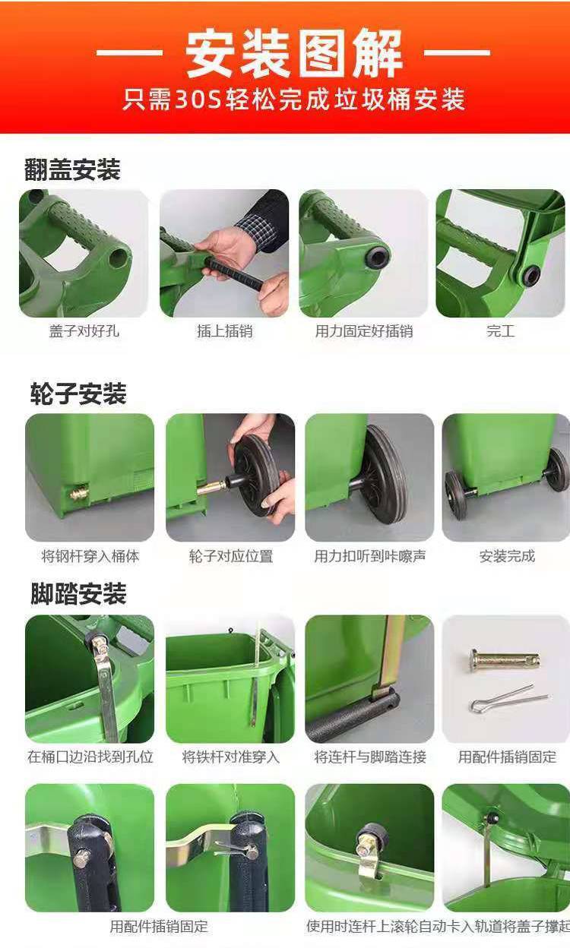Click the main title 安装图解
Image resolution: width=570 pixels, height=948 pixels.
pos(293,53)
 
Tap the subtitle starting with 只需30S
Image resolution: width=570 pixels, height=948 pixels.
pos(294,100)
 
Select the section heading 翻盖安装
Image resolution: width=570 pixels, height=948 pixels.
pos(72,169)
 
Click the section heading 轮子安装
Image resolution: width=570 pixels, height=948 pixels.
pos(78,393)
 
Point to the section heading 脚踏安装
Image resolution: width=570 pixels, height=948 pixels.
pos(78,593)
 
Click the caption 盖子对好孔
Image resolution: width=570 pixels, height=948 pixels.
pos(84,331)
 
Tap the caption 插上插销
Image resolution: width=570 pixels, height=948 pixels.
pos(224,331)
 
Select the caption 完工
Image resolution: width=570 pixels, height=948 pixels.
pos(501,331)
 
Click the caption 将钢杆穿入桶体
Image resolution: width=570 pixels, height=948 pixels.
pos(90,556)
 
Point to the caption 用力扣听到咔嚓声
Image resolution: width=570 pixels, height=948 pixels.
pos(369,556)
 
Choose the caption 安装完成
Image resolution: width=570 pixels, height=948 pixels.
pos(507,556)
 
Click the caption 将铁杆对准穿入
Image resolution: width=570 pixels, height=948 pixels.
pos(231,757)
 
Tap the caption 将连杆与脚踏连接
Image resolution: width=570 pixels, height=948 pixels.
pos(369,757)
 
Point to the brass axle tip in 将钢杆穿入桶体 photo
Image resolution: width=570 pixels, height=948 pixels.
pos(79,493)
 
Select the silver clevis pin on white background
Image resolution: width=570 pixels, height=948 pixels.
pos(505,660)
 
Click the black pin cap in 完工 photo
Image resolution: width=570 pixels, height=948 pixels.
pos(531,275)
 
